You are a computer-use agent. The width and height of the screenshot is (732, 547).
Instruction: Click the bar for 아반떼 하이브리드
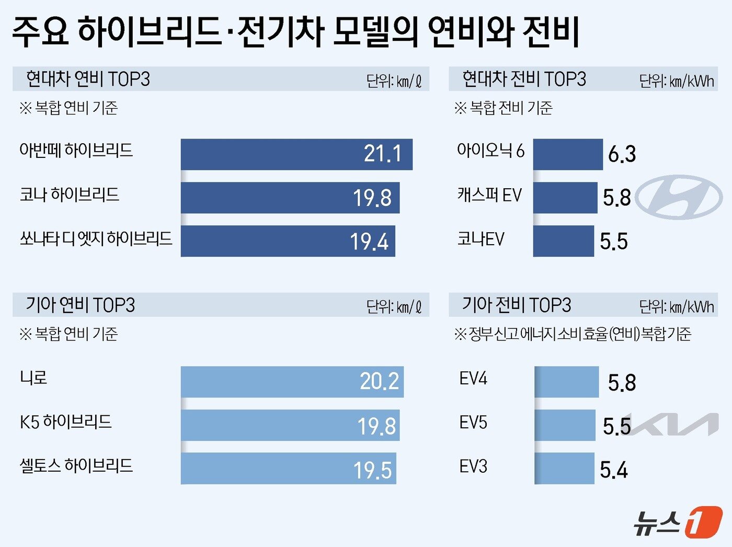point(296,154)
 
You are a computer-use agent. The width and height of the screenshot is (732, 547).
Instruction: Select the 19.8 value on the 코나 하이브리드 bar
point(372,198)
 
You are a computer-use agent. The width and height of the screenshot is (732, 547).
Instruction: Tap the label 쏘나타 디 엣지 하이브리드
point(96,239)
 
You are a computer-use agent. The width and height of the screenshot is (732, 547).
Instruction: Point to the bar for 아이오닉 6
point(568,154)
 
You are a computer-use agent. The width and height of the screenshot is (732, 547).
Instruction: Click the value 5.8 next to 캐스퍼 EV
point(616,198)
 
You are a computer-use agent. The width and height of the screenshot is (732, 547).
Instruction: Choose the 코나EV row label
point(481,240)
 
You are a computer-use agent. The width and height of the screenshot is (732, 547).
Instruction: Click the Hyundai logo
point(679,197)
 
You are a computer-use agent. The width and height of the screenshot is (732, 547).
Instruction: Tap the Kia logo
point(674,424)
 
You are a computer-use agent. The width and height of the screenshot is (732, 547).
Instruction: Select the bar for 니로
point(292,382)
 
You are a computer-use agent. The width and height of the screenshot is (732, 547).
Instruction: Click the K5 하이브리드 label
point(66,422)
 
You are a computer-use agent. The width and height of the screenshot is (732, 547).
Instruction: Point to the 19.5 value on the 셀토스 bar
point(372,470)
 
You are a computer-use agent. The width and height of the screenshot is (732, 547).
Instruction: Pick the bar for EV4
point(567,382)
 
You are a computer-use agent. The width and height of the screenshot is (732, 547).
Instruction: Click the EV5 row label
point(473,423)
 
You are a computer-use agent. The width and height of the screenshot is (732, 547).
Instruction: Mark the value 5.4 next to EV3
point(613,470)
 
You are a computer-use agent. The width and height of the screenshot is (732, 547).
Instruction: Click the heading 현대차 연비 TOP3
point(88,79)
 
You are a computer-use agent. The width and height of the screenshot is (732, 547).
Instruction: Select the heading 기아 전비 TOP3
point(516,305)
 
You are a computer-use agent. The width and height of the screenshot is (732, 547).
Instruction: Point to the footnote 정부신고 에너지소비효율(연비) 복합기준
point(573,334)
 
